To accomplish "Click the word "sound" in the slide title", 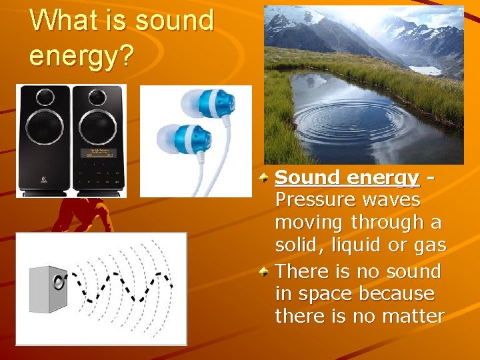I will [x=174, y=21].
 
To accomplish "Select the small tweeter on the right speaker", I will [x=99, y=97].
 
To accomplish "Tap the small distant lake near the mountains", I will [x=425, y=70].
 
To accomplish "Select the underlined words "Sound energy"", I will [x=347, y=178].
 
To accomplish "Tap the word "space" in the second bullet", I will [x=327, y=293].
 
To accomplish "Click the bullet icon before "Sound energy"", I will [x=265, y=178].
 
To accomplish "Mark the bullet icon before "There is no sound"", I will [x=265, y=272].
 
